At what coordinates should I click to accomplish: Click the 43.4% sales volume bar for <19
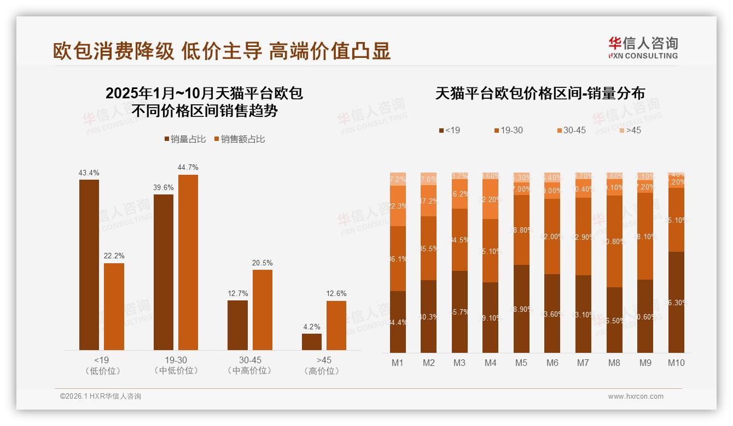click(89, 265)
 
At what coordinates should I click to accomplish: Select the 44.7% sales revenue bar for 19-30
click(188, 262)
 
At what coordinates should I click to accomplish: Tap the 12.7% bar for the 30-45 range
click(237, 325)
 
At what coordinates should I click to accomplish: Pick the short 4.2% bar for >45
click(312, 341)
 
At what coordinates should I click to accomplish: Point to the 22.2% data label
click(114, 256)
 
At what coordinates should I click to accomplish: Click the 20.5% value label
click(262, 263)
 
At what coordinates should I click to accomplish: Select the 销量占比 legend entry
click(185, 139)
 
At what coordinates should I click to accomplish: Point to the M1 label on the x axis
click(398, 363)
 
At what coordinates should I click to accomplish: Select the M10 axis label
click(676, 363)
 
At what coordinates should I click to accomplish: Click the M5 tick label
click(521, 363)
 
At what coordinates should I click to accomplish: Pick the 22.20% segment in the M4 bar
click(491, 199)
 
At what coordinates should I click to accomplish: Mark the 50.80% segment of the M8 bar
click(614, 241)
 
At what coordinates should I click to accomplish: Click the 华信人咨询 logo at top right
click(643, 48)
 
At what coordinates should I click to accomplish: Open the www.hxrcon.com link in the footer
click(636, 397)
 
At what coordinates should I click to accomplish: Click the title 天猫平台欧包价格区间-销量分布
click(540, 93)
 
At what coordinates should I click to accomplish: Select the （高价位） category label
click(324, 371)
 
